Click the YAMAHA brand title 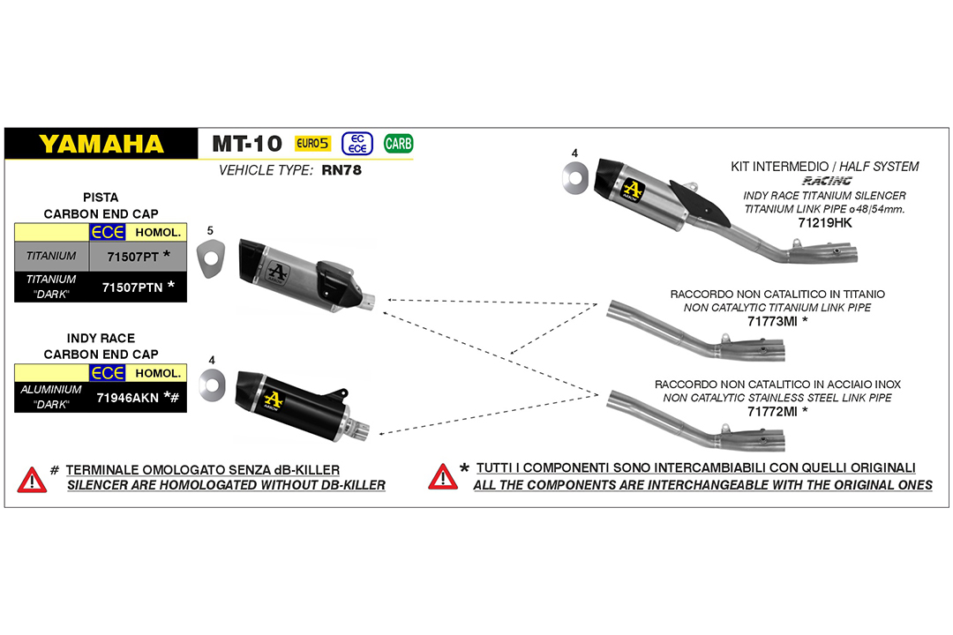click(101, 144)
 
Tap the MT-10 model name click(247, 144)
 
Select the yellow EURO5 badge click(313, 143)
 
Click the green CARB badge click(399, 143)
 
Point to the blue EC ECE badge click(357, 143)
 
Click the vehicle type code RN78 click(341, 170)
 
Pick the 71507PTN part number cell click(133, 287)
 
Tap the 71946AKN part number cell click(128, 397)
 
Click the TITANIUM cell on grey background click(51, 256)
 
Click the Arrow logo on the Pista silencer click(277, 272)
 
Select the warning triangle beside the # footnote click(32, 479)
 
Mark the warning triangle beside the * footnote click(442, 476)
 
